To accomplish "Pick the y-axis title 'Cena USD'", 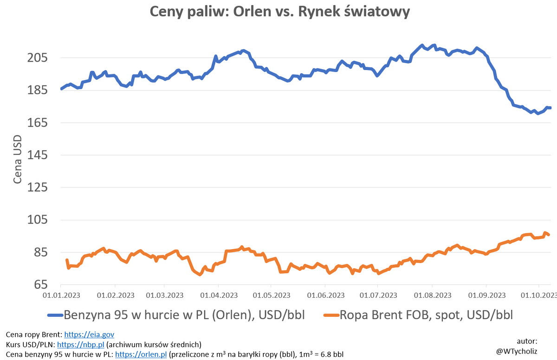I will tap(17, 160).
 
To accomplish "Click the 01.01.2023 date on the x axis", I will tap(61, 296).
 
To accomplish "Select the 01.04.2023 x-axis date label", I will tap(220, 296).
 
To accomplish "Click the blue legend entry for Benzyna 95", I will tap(176, 315).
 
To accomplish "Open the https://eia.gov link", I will tap(89, 334).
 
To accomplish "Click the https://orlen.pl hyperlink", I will tap(141, 354).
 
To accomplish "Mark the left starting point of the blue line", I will tap(62, 89).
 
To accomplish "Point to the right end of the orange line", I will tap(549, 235).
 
